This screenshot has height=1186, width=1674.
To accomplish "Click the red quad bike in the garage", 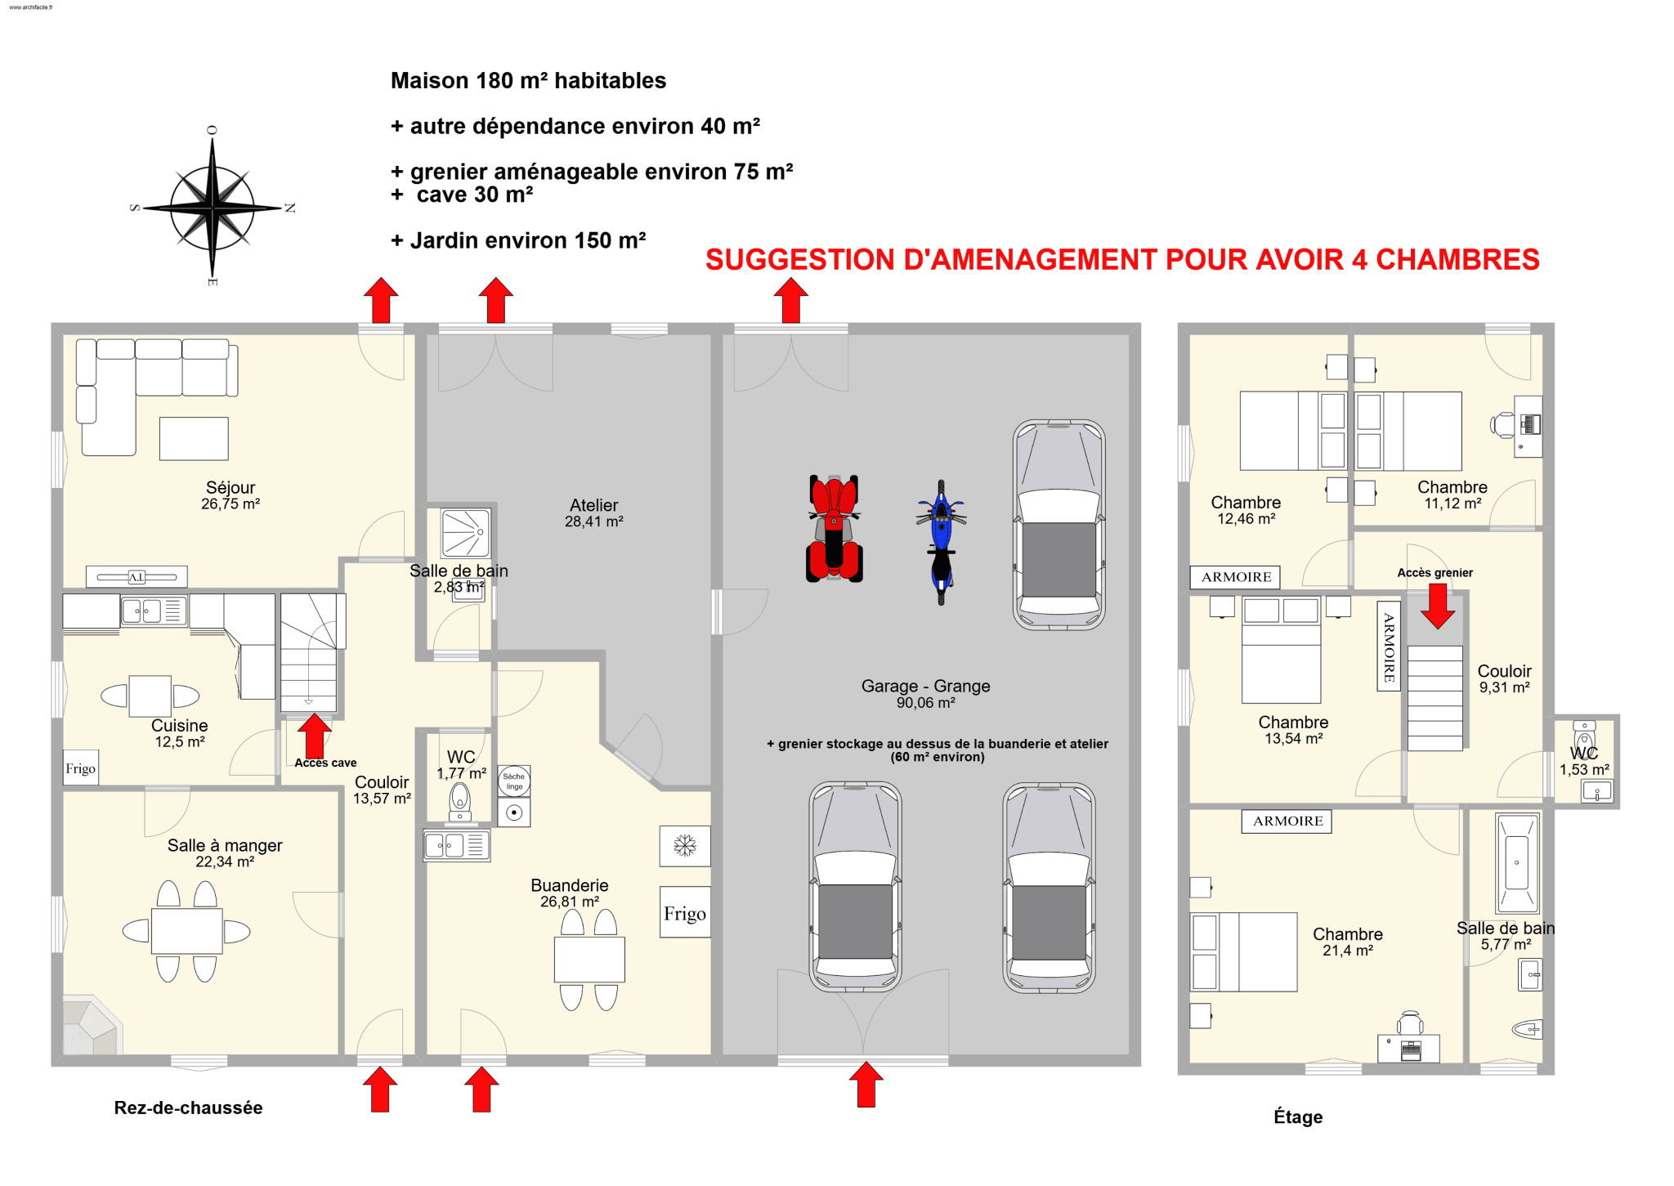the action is [834, 528].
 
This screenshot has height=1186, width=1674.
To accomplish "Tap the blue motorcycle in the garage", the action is [941, 542].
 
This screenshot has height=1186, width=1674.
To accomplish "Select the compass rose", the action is [213, 208].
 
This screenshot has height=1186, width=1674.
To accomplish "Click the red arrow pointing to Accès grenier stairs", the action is [1438, 606].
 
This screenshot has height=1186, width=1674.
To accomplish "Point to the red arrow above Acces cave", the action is [314, 736].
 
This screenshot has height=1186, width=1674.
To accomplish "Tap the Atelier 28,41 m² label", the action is [594, 513].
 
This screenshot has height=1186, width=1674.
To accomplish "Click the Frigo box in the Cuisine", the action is [81, 768].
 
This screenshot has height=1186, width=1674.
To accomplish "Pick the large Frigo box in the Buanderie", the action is [685, 912].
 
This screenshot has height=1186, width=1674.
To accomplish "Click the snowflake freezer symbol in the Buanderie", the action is [685, 845].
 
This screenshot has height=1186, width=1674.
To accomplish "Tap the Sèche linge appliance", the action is [514, 781].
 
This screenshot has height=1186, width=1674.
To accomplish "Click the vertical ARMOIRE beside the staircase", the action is [1389, 647].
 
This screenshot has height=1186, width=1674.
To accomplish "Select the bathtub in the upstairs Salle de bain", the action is [1517, 863].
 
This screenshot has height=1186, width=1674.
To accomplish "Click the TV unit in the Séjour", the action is [137, 577].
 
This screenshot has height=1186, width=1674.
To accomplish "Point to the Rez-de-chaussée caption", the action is [188, 1108].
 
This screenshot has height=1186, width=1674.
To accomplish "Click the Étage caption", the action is [1298, 1117].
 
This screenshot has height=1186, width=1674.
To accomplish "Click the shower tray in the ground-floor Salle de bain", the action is [466, 533].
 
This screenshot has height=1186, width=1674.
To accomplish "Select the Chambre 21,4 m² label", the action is [1348, 942].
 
